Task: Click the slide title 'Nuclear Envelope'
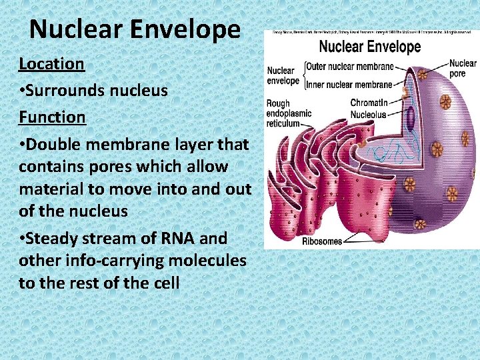[135, 29]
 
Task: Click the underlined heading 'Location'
[51, 64]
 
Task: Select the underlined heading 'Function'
[52, 117]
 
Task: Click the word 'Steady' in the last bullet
[55, 238]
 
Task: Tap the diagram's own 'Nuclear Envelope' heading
[370, 47]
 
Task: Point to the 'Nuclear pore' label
[463, 69]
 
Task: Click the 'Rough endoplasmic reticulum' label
[289, 114]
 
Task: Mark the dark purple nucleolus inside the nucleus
[411, 119]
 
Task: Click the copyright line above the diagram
[371, 31]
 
